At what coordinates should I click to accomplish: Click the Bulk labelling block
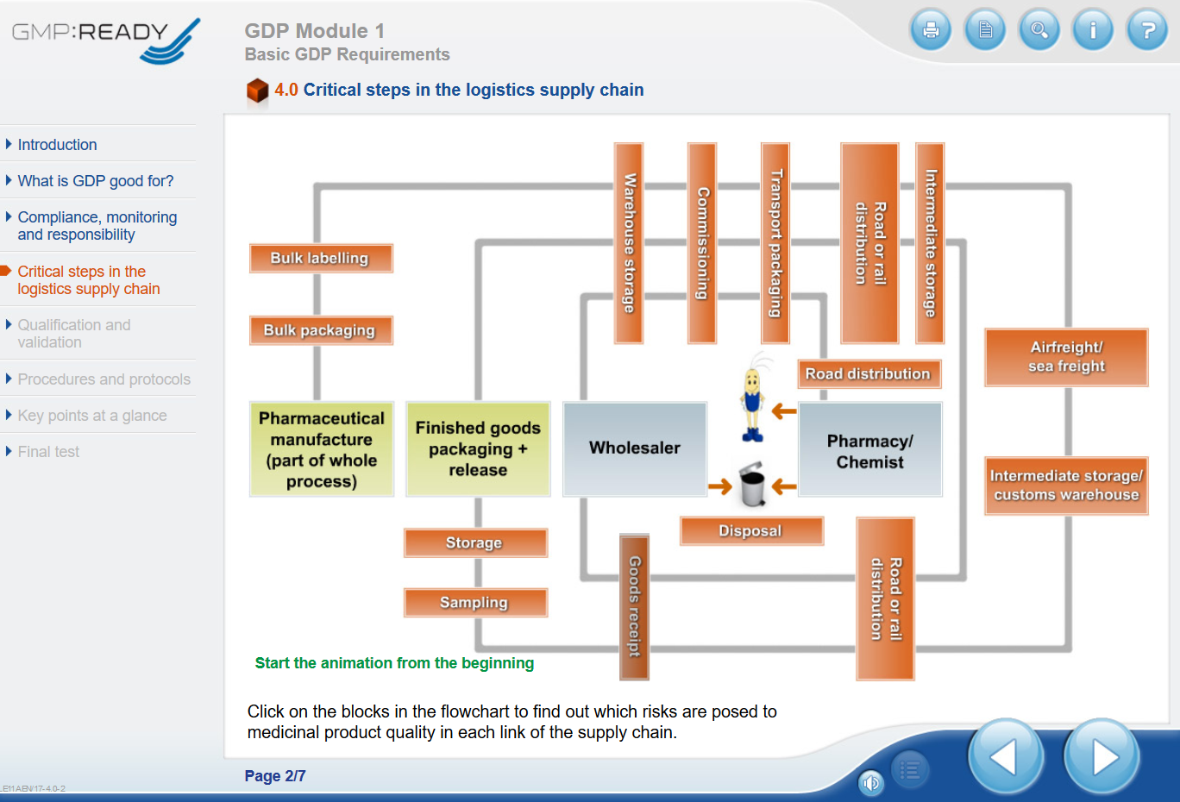click(x=321, y=258)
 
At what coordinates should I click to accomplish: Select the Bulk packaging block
click(x=321, y=330)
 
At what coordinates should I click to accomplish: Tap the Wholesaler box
click(x=635, y=448)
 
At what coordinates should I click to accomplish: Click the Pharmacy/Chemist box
click(x=870, y=451)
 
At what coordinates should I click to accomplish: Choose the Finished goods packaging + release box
click(x=478, y=448)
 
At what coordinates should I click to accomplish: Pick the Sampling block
click(x=475, y=602)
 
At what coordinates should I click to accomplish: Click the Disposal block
click(x=751, y=530)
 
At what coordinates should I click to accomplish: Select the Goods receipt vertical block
click(x=635, y=606)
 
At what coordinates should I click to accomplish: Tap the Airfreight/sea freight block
click(x=1066, y=357)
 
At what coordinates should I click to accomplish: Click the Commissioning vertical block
click(x=702, y=243)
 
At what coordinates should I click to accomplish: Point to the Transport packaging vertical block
click(x=775, y=243)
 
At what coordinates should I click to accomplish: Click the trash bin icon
click(x=752, y=485)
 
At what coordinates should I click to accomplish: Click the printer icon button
click(x=931, y=30)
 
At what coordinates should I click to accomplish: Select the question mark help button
click(x=1147, y=30)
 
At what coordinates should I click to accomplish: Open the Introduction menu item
click(x=57, y=145)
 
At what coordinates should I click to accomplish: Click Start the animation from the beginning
click(x=394, y=663)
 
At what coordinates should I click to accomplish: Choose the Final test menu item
click(x=48, y=452)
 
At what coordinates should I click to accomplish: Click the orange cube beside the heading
click(x=257, y=91)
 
